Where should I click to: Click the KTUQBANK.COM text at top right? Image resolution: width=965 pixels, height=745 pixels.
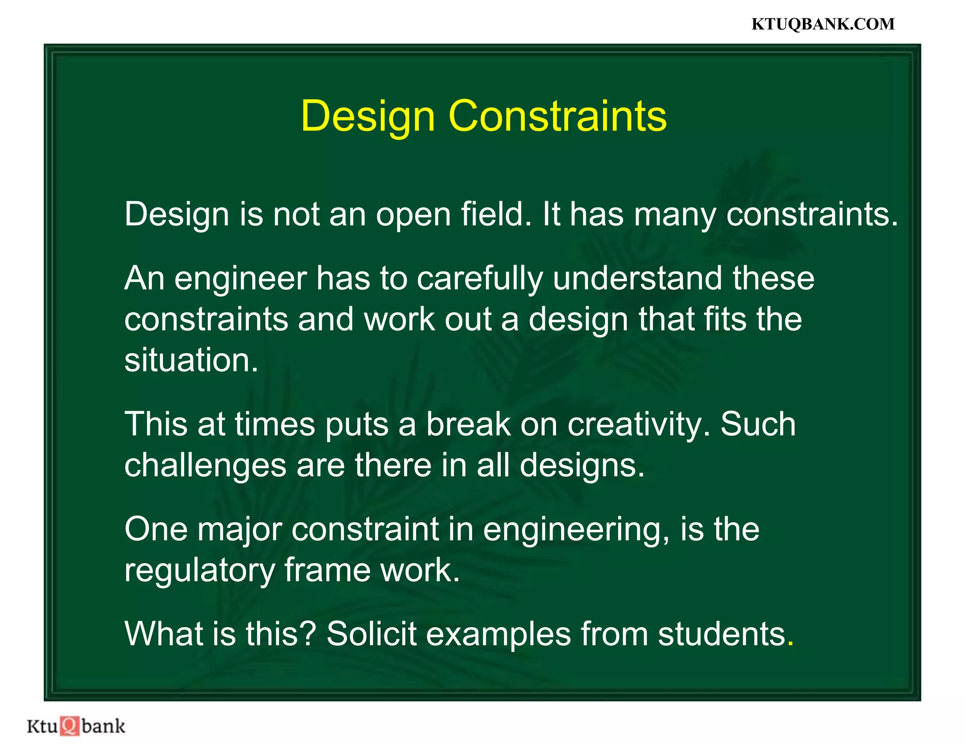coord(823,24)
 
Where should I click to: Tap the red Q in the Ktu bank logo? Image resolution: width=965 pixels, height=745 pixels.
coord(70,726)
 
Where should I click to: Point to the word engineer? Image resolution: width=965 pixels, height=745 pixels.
coord(240,278)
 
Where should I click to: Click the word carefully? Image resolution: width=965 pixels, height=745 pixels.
coord(479,279)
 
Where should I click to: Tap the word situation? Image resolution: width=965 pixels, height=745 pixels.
coord(191,360)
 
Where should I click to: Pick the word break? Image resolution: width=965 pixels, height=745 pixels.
coord(468,424)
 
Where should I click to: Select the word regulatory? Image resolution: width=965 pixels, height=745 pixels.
coord(199,571)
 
